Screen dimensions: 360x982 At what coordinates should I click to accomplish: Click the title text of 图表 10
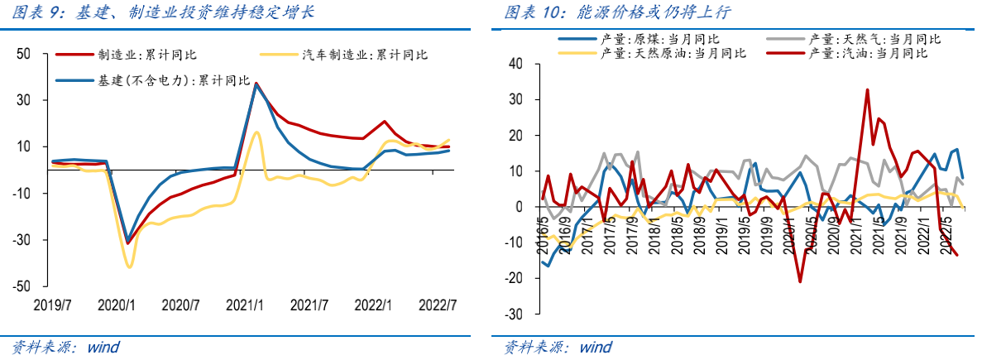[616, 12]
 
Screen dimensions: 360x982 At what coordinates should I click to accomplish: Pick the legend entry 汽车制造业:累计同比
[365, 55]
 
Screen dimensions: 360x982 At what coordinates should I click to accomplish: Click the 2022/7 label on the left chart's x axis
[441, 305]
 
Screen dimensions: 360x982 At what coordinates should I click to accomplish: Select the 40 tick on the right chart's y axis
[516, 64]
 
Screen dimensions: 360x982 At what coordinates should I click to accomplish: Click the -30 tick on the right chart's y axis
[514, 314]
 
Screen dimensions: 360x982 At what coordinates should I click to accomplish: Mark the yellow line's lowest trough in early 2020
[129, 266]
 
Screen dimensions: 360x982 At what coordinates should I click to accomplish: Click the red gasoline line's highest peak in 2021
[867, 89]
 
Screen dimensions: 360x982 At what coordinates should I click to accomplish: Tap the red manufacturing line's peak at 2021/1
[256, 83]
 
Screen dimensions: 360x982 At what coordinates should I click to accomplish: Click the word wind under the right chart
[596, 347]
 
